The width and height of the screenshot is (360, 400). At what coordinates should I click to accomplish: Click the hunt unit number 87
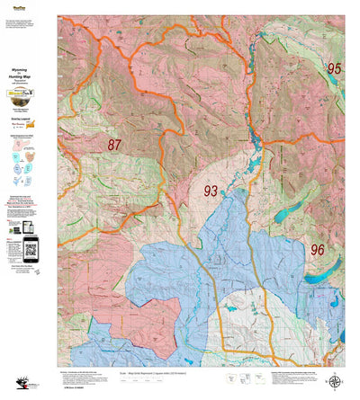tap(114, 145)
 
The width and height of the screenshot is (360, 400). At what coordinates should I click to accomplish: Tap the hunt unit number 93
tap(211, 191)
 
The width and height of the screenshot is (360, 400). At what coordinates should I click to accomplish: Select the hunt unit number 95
tap(334, 68)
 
